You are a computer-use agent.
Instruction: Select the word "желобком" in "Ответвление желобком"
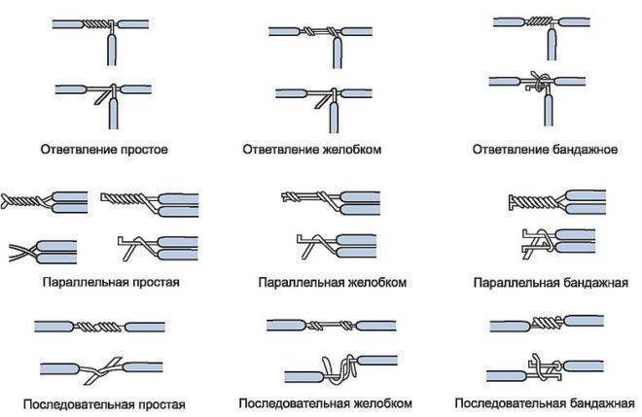[352, 150]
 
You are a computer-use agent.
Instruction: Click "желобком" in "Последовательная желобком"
[383, 403]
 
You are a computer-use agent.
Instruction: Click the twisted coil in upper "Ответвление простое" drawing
[96, 24]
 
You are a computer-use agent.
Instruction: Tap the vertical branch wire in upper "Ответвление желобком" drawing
[337, 52]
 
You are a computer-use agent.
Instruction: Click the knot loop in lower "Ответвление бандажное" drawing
[540, 81]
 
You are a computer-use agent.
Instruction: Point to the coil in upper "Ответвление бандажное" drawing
[538, 21]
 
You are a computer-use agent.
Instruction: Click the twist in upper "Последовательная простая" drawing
[98, 327]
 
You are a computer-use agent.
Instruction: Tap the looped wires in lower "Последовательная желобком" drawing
[339, 369]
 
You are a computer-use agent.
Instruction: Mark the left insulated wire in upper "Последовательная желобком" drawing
[286, 326]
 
